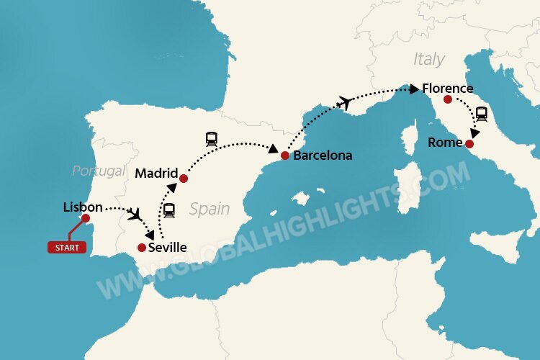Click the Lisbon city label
(83, 207)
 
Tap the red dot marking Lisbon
(86, 218)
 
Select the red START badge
(66, 248)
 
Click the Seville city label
(167, 248)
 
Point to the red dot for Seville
(141, 248)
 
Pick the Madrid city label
(156, 172)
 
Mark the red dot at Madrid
(183, 178)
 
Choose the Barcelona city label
(323, 156)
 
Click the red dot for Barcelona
(285, 156)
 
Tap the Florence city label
(448, 89)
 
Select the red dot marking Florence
(448, 99)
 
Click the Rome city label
(445, 143)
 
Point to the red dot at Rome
(469, 144)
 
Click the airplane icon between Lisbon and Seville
(134, 214)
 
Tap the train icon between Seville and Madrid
(169, 210)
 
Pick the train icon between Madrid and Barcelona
(212, 138)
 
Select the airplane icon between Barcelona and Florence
(344, 103)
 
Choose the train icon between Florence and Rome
(481, 113)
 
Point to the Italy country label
(429, 59)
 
